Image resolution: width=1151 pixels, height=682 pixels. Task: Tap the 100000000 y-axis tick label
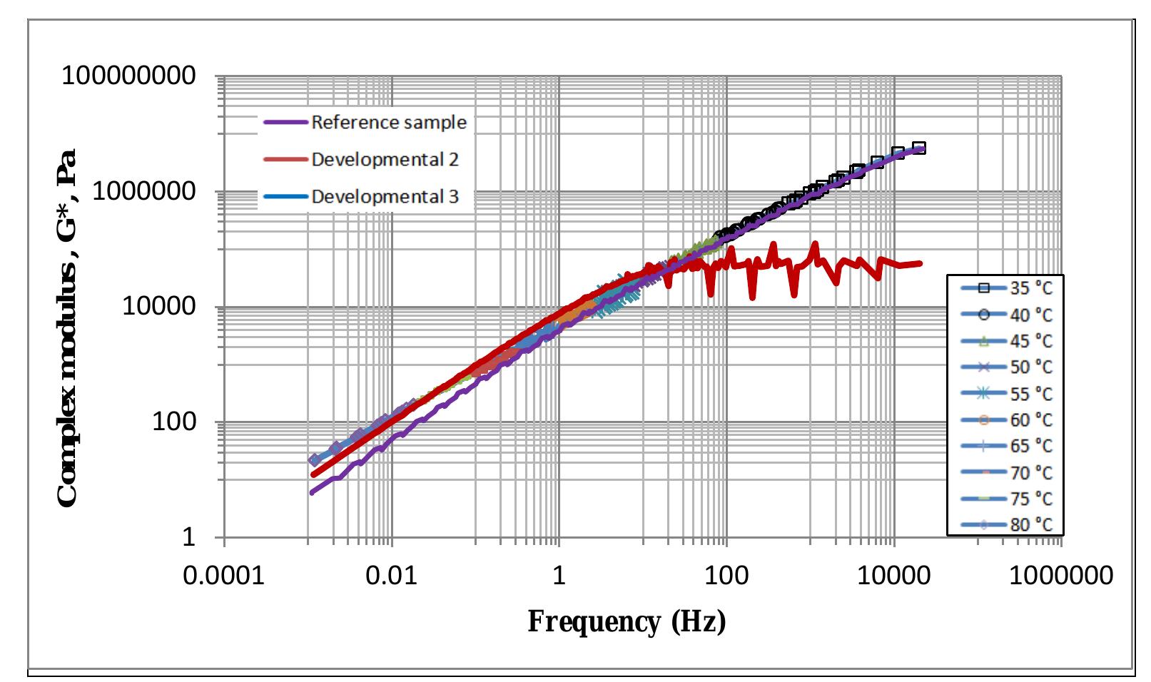point(128,76)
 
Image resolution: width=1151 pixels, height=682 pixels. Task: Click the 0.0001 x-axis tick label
point(224,576)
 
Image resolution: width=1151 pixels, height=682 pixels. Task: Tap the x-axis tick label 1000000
point(1061,576)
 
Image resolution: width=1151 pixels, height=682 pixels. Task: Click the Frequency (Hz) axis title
point(627,622)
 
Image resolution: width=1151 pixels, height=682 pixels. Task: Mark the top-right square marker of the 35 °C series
point(919,148)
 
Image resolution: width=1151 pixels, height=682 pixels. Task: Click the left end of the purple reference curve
point(313,492)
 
